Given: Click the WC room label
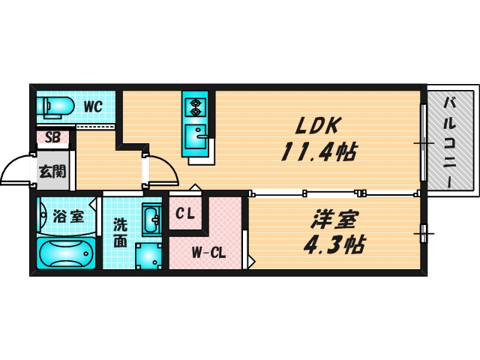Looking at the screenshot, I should pos(92,106).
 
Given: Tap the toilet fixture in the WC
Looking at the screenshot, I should pos(54,106).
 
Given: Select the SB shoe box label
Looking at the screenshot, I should pos(52,137).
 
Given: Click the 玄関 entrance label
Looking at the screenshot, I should pos(52,171).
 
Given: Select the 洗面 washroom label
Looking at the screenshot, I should pos(120,232).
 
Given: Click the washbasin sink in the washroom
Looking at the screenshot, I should pos(150,219).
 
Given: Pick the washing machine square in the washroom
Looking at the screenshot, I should pos(150,255).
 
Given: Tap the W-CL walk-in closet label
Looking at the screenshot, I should pos(208,252).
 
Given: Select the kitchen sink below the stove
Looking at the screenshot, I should pos(199,138).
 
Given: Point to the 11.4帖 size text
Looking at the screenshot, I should pos(318,152).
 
